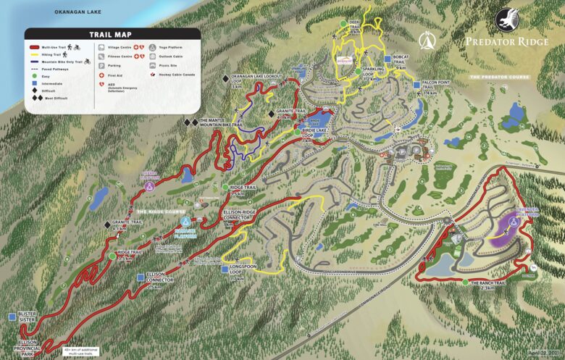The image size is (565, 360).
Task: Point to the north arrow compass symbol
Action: [x=431, y=38]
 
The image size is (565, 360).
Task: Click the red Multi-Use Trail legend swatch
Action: [x=38, y=47]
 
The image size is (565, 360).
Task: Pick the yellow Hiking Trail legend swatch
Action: [x=38, y=55]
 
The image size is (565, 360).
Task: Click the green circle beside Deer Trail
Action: [x=345, y=24]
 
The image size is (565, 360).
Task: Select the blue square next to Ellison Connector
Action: [x=139, y=276]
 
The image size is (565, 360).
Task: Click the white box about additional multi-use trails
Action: [x=80, y=351]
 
